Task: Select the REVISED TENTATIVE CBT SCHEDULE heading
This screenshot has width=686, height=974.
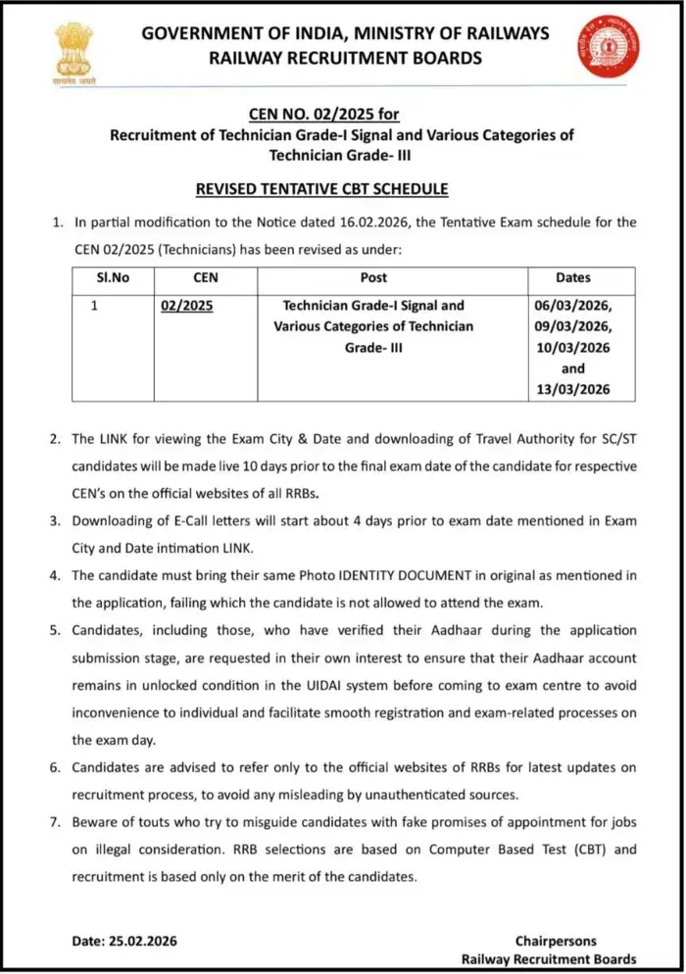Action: point(344,188)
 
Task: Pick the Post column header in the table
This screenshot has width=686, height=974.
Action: point(373,278)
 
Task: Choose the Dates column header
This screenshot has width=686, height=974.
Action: point(573,278)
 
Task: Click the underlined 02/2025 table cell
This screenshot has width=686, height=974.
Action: point(186,306)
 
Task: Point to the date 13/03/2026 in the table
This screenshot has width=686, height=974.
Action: point(573,389)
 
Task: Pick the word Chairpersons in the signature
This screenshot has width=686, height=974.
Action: point(555,941)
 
